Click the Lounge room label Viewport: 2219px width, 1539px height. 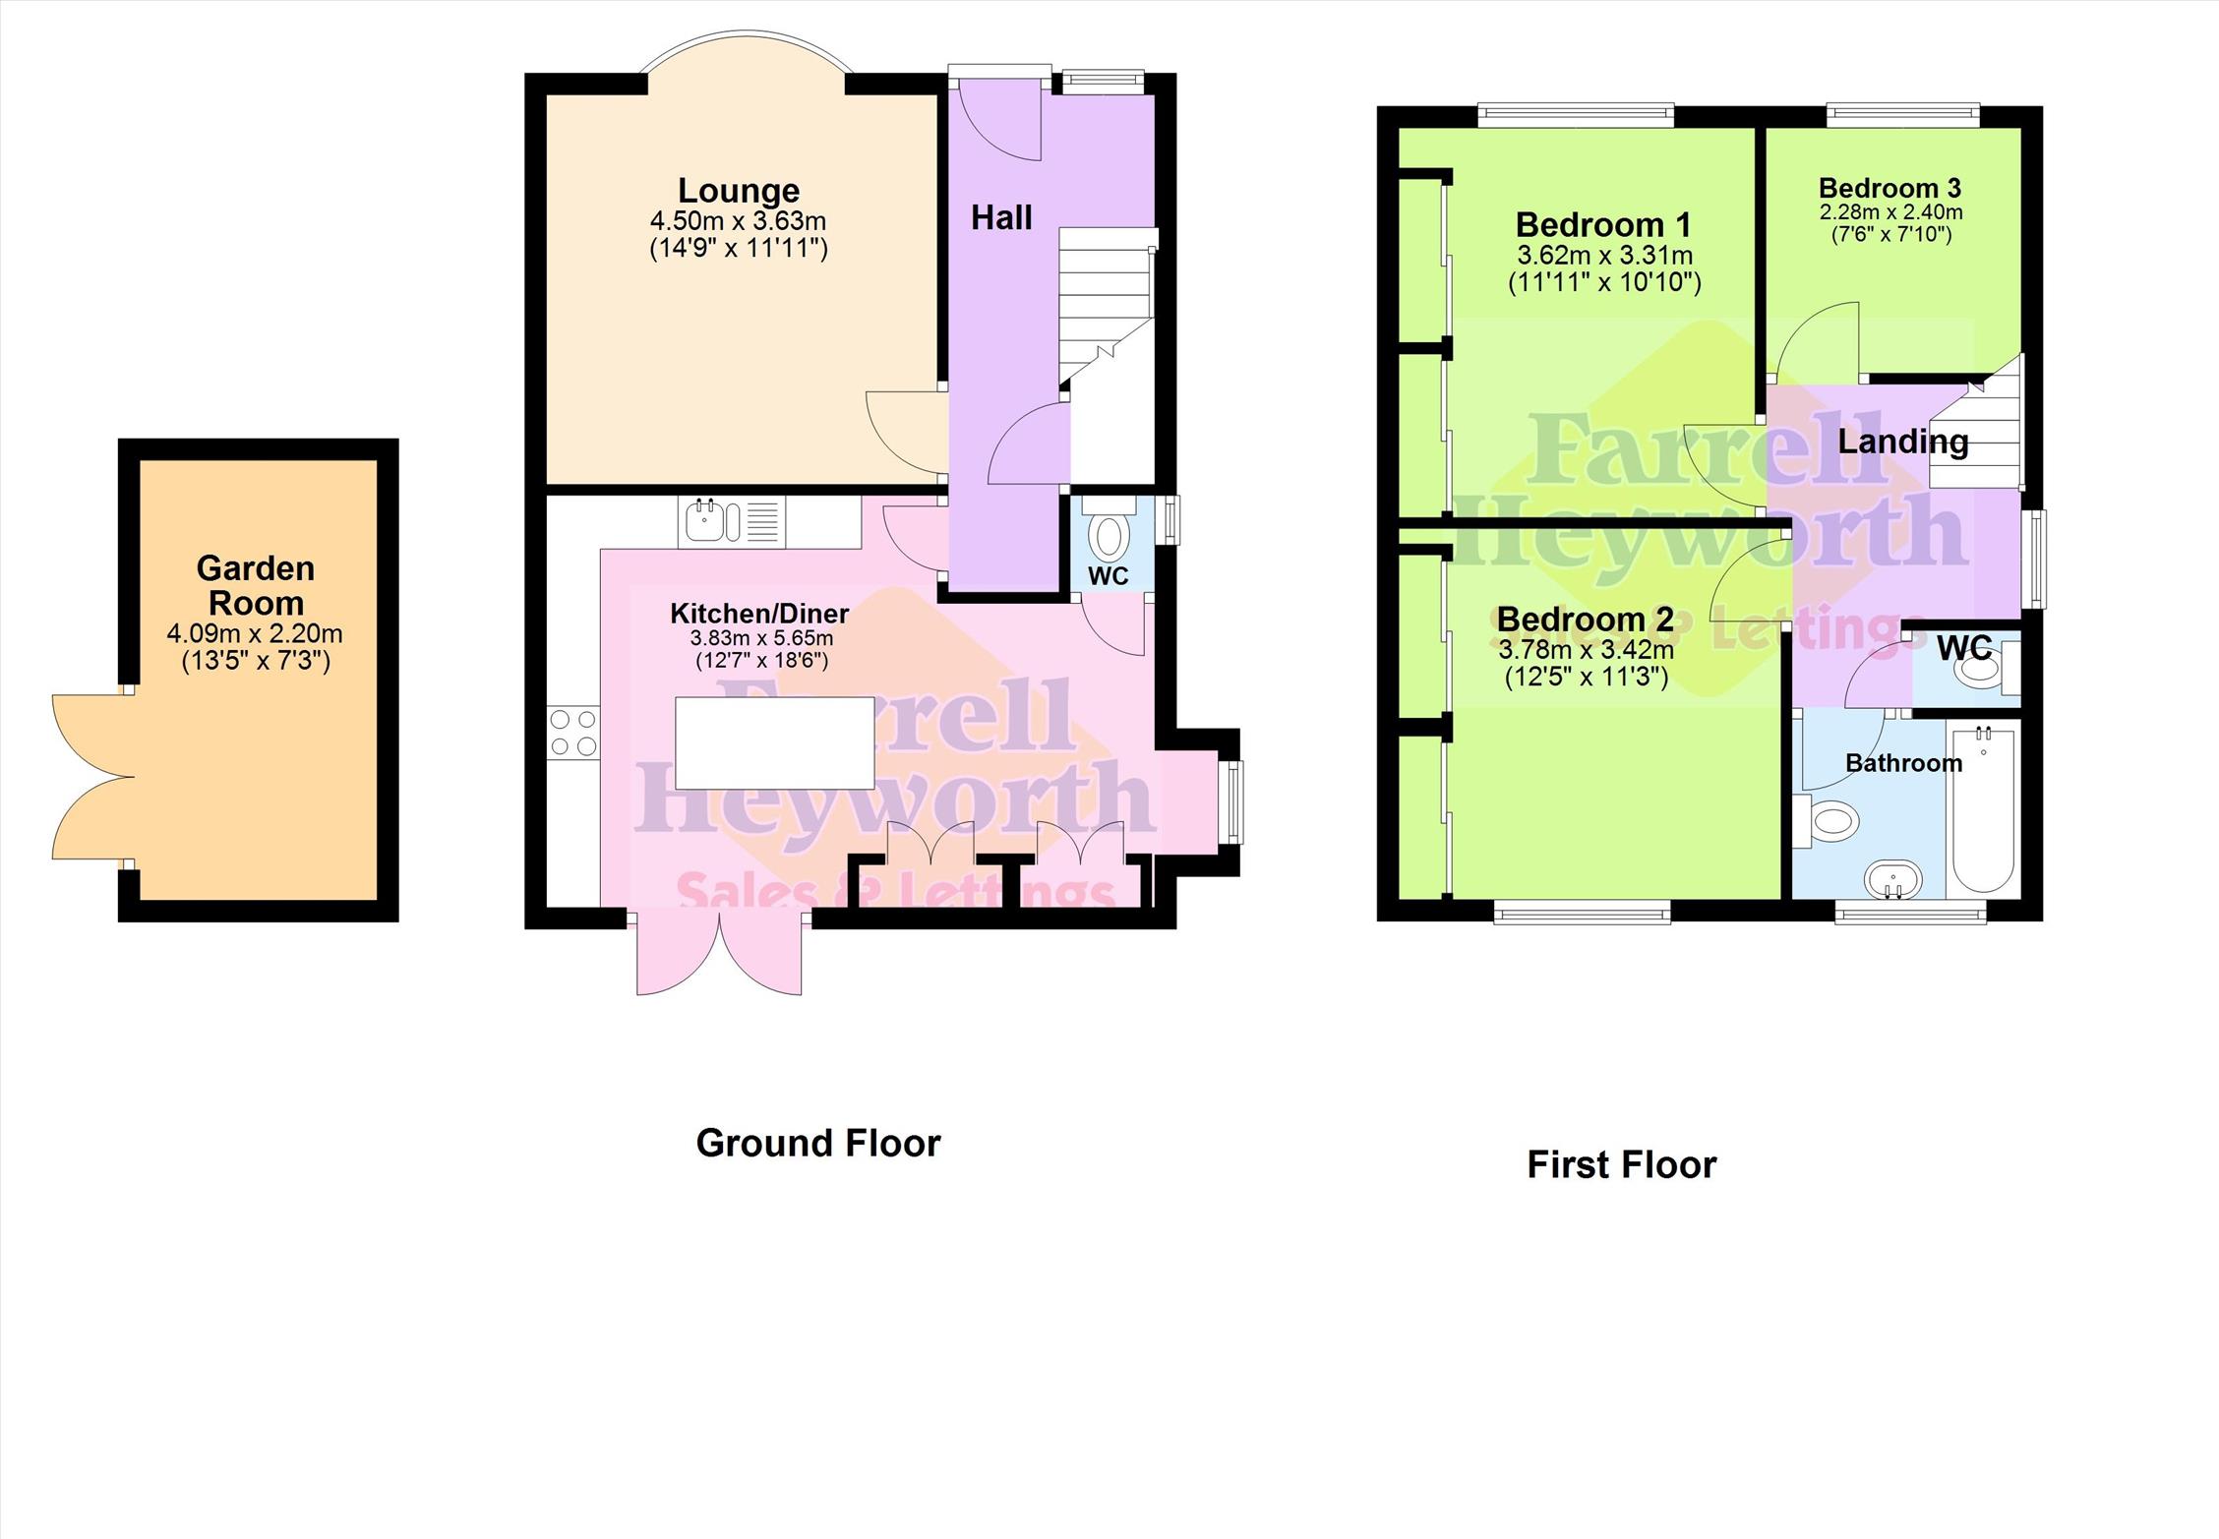tap(739, 190)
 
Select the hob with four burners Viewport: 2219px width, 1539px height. tap(573, 733)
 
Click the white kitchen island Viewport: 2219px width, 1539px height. tap(775, 742)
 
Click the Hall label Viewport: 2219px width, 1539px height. tap(1001, 217)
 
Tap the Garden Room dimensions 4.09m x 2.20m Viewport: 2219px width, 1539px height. tap(255, 634)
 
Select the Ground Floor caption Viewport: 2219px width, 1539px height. tap(818, 1143)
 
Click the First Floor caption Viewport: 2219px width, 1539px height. tap(1621, 1164)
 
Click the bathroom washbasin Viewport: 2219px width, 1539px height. tap(1893, 879)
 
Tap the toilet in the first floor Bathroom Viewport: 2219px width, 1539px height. tap(1827, 820)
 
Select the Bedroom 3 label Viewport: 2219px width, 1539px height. tap(1889, 188)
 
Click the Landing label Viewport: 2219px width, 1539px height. tap(1903, 442)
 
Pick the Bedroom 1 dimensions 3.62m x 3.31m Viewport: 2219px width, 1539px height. tap(1604, 256)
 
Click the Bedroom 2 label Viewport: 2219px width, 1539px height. tap(1585, 619)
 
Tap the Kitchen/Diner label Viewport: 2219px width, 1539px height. tap(759, 614)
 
